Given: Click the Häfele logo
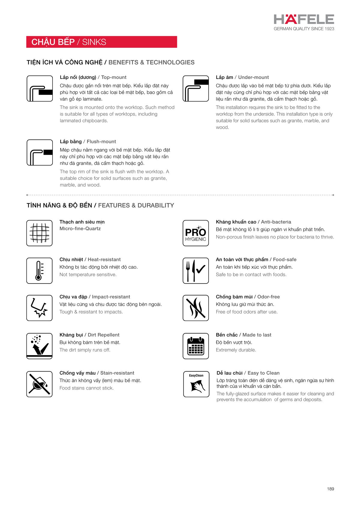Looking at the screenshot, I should (x=304, y=19).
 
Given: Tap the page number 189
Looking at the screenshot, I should (x=330, y=489).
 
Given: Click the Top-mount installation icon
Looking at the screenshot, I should (x=40, y=88).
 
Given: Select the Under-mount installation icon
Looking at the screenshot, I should (x=196, y=88).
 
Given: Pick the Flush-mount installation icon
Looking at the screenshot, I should (x=40, y=152).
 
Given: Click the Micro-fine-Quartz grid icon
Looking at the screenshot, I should (x=39, y=233).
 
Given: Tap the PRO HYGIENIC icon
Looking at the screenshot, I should (x=196, y=233).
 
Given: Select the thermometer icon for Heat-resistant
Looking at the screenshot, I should (x=39, y=270).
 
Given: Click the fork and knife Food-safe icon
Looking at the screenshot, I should (x=196, y=270).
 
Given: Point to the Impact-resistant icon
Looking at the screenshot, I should (x=39, y=308).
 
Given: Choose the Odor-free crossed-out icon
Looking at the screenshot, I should (x=196, y=308).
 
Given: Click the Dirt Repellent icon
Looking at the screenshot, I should (x=39, y=346).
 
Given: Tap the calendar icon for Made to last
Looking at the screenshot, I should (x=196, y=346).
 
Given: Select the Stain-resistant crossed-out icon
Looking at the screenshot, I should (x=39, y=384).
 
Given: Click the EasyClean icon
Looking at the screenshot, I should (x=196, y=384).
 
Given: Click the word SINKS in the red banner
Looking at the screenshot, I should (x=94, y=42).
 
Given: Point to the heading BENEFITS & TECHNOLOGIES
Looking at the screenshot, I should (x=151, y=62).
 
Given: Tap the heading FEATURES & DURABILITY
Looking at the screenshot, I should (x=136, y=205).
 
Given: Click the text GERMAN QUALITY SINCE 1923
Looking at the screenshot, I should (x=304, y=29).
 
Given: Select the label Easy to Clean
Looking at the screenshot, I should (x=263, y=373).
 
